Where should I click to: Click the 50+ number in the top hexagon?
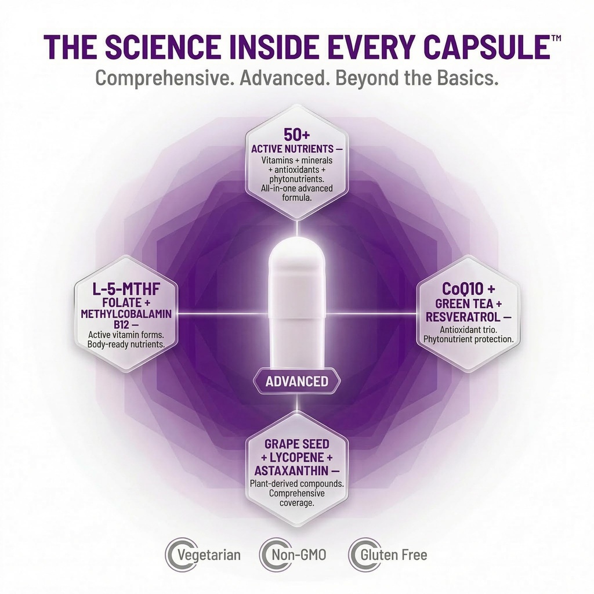[296, 134]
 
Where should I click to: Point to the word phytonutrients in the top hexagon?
[296, 179]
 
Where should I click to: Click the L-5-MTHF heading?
[126, 289]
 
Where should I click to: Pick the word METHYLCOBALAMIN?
[126, 314]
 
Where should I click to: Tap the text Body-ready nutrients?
[126, 345]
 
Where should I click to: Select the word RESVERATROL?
[464, 317]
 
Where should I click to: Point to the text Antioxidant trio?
[469, 329]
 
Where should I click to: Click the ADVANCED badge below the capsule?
[296, 381]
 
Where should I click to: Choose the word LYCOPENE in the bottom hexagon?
[296, 457]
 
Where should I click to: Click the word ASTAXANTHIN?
[291, 470]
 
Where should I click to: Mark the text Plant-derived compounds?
[296, 484]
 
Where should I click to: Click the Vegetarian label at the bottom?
[209, 555]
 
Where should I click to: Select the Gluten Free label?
[394, 555]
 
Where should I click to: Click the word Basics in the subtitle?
[467, 78]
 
